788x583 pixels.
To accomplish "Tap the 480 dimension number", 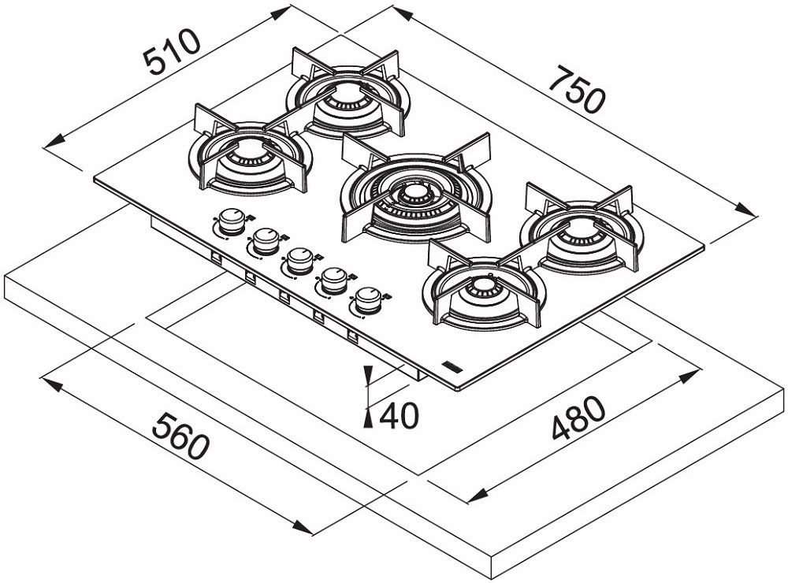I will coord(578,418).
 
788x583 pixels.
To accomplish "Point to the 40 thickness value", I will coord(399,416).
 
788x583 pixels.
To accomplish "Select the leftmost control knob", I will coord(231,221).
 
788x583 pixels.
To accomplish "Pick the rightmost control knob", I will coord(366,299).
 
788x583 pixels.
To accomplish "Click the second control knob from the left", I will coord(266,240).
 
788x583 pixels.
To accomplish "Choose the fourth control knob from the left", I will coord(333,279).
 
